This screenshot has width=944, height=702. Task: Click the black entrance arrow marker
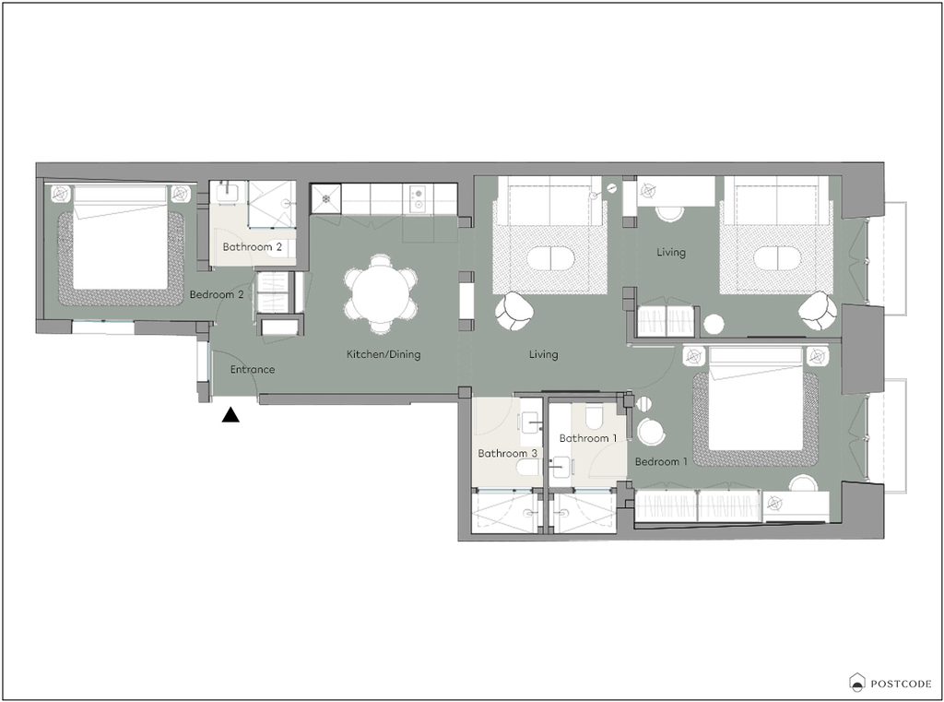coord(230,415)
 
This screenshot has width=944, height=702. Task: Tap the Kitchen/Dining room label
coord(383,354)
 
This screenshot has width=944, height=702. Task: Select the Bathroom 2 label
coord(253,247)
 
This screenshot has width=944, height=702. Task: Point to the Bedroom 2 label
coord(217,294)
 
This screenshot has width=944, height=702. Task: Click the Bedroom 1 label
coord(661,461)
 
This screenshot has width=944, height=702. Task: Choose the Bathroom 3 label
coord(508,453)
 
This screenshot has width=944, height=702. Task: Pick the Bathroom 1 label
coord(588,438)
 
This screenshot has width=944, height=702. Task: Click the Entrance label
coord(253,369)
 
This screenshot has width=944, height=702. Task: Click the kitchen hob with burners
coord(418,199)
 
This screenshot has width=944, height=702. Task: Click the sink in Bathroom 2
coord(228,193)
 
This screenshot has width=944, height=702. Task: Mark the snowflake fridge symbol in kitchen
coord(325,199)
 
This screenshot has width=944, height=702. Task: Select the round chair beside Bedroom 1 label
coord(651,432)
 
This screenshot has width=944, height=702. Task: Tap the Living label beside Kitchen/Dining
coord(544,354)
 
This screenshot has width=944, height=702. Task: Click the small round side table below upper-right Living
coord(714,325)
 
